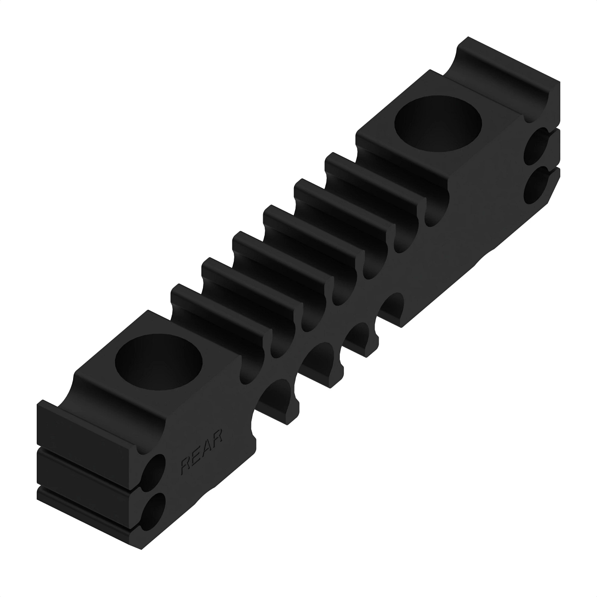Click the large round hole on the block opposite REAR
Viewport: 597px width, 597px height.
[x=438, y=123]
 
